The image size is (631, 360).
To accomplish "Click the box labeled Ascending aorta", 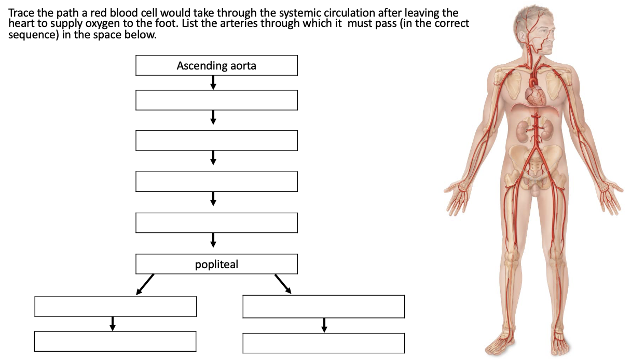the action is (216, 66).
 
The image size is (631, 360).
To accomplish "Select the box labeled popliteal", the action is (216, 264).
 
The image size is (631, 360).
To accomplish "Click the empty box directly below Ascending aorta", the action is (216, 100).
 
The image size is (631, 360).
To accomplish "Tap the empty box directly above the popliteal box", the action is (216, 223).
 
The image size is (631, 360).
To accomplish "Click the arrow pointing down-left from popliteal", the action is (145, 284).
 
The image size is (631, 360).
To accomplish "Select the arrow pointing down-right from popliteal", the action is (283, 284).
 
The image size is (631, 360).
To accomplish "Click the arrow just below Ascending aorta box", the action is (213, 82).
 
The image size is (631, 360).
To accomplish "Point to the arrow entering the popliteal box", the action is (213, 240).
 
